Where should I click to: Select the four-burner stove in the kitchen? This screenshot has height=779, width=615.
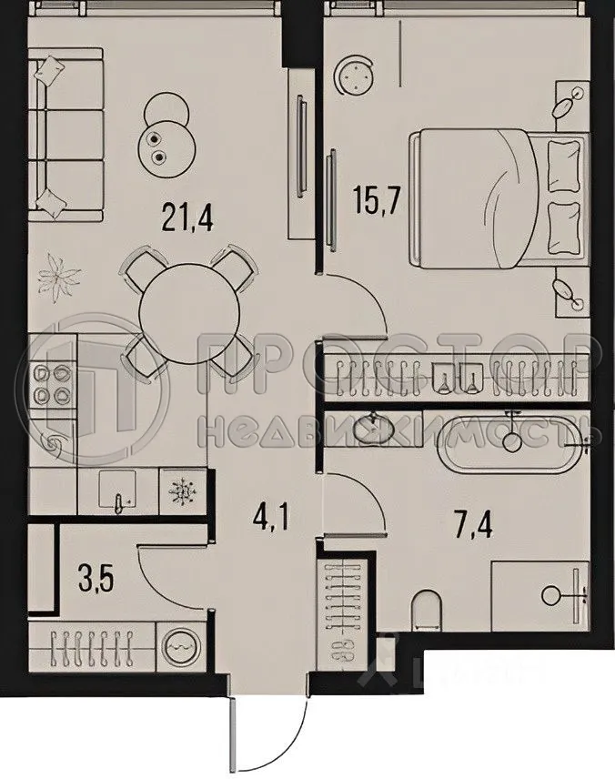[52, 384]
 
